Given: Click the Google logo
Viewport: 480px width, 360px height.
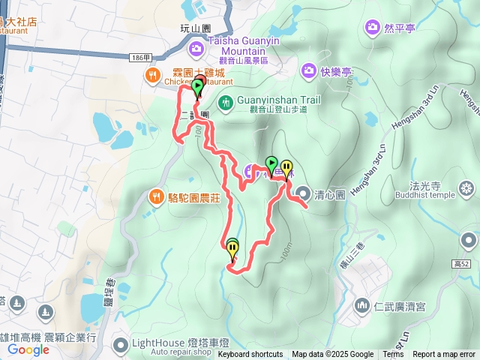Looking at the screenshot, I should [28, 349].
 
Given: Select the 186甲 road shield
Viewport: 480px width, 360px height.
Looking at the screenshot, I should [140, 57].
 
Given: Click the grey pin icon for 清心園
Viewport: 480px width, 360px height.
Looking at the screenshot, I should [303, 193].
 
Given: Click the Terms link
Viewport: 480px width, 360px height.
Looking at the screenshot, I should [393, 354].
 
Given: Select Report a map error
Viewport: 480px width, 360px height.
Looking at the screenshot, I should [444, 354].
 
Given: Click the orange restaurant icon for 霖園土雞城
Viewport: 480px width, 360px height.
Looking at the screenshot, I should [152, 73].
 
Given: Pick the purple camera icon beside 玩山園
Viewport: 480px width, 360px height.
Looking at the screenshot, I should [196, 49].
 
